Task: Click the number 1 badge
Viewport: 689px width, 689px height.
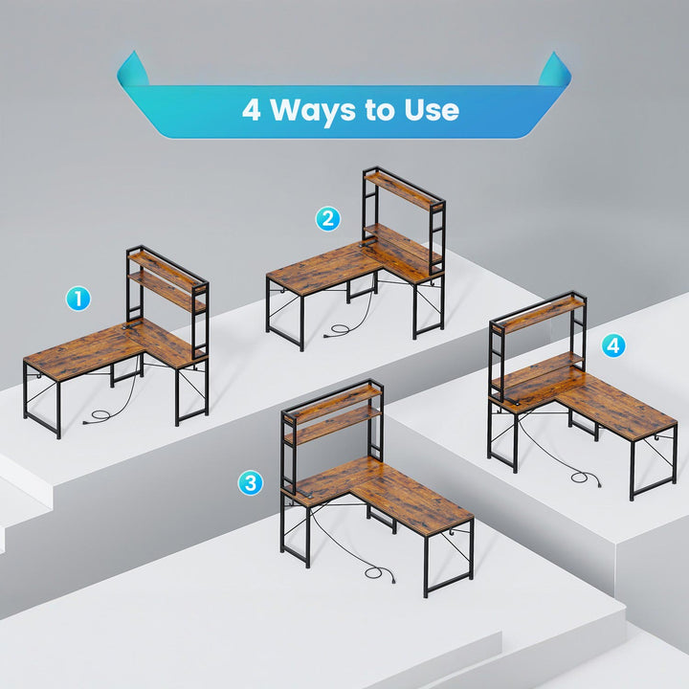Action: click(78, 299)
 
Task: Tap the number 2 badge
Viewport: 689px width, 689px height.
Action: click(328, 219)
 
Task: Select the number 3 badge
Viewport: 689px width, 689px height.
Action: click(251, 483)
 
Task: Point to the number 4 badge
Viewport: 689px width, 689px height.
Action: click(613, 345)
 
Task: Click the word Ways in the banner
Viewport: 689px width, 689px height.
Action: click(313, 110)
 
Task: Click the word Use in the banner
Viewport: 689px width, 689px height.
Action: click(432, 110)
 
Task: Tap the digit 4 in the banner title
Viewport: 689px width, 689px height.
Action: click(252, 110)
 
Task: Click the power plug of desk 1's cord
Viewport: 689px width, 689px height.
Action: click(86, 423)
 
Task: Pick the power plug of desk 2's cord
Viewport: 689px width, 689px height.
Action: click(327, 336)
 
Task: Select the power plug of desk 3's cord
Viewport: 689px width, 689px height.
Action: click(392, 580)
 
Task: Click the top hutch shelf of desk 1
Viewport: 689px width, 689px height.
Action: click(167, 271)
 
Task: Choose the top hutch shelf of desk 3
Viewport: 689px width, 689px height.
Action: click(333, 403)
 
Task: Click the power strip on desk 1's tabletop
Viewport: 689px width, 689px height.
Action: click(133, 325)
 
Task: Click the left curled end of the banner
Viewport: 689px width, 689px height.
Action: click(133, 69)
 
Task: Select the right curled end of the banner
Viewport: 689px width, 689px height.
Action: click(555, 69)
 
